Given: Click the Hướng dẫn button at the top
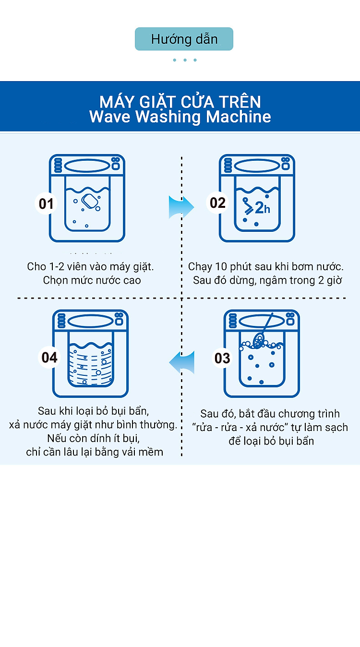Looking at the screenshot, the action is [x=184, y=39].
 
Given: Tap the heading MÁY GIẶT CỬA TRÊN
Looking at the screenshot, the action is [x=180, y=101].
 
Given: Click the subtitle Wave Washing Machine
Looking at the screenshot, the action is [x=180, y=117].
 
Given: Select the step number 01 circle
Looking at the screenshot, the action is [x=46, y=204].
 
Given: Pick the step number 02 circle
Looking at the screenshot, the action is [x=217, y=203].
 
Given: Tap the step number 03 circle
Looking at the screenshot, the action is [x=222, y=358].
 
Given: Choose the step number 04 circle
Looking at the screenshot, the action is [x=49, y=357].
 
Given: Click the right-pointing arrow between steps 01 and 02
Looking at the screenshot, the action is [x=181, y=207].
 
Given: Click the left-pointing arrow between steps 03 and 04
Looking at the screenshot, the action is [x=181, y=362].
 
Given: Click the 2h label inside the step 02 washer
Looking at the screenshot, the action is [x=263, y=208].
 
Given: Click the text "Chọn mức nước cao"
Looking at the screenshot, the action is [x=92, y=280].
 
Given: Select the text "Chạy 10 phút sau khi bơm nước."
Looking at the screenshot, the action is [x=266, y=266].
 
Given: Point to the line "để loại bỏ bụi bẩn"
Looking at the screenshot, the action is [x=271, y=441].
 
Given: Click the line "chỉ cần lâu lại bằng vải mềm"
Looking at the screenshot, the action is [x=95, y=452].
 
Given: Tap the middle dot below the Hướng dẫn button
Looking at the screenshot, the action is [x=185, y=60].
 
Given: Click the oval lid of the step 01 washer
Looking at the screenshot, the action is [x=87, y=166].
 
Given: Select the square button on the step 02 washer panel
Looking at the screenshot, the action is [x=286, y=166].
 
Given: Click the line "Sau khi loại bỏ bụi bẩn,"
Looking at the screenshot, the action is [x=93, y=411].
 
